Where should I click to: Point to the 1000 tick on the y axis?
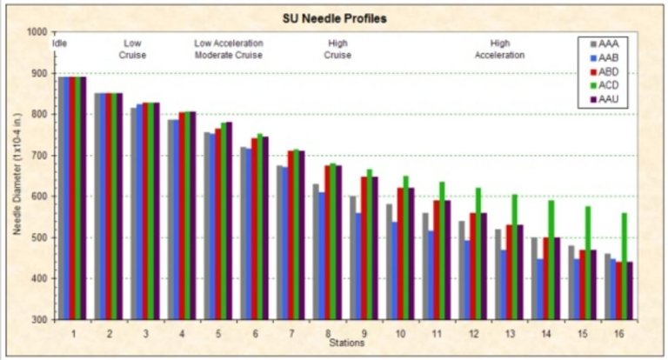click(x=37, y=32)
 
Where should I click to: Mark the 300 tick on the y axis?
click(x=40, y=319)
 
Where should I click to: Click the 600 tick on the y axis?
click(x=40, y=197)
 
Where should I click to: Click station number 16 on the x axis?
click(x=618, y=332)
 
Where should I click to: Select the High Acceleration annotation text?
click(x=500, y=49)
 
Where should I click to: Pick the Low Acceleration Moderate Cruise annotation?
click(x=228, y=49)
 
